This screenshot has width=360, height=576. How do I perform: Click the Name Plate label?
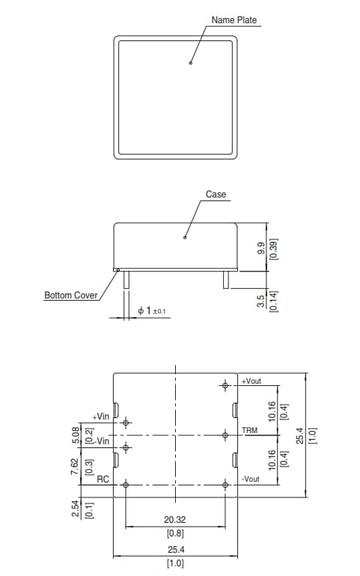coord(234,19)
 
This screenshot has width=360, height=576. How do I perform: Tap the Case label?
coord(216,194)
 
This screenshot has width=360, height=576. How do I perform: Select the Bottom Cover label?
coord(71,295)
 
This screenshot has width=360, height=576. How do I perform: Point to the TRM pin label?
coord(249,432)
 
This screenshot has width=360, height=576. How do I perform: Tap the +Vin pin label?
coord(101,416)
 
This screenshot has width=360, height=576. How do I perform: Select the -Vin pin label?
coord(101,441)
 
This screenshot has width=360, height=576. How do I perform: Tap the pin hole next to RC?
coord(126,485)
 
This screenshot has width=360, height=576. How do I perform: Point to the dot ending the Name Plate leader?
coord(191,64)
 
